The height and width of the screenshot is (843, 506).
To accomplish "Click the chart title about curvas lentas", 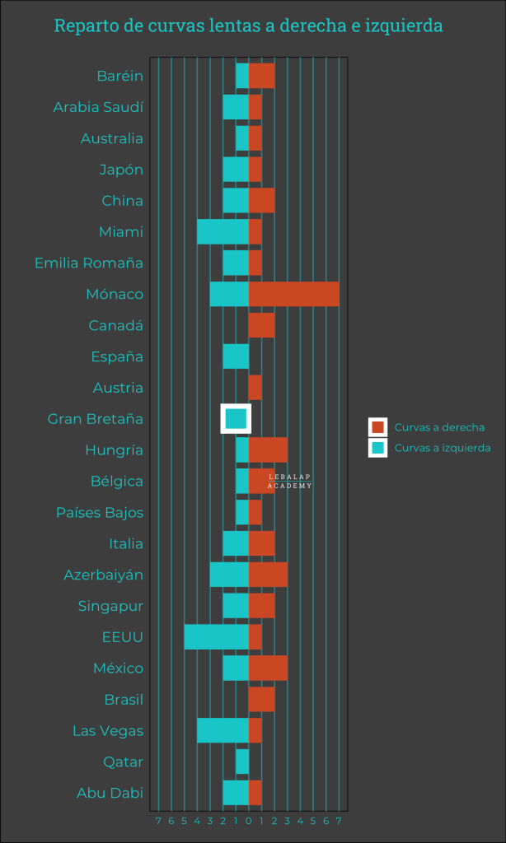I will tap(248, 26).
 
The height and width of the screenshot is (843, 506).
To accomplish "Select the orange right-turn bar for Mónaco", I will tap(293, 294).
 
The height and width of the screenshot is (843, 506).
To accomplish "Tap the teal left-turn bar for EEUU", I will tap(216, 637).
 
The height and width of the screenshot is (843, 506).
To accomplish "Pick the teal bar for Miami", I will tap(223, 232).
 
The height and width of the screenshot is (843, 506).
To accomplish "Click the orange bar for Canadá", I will tap(261, 325).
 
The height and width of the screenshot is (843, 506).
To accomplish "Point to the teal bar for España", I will tap(236, 356).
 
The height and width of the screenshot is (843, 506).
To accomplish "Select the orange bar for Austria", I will tap(255, 388).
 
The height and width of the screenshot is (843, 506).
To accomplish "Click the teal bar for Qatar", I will tap(242, 762).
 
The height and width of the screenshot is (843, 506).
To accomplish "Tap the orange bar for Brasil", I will tap(261, 700).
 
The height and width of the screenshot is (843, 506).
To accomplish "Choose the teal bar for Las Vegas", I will tap(223, 731).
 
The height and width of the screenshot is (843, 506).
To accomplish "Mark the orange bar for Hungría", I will tap(268, 450).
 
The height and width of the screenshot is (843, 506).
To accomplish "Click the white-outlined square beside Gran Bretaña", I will tap(236, 419).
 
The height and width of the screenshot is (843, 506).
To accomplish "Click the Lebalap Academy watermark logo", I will tap(290, 482).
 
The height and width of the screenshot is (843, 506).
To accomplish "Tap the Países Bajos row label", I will tap(100, 513).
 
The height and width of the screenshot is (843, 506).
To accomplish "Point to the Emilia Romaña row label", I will tap(89, 263).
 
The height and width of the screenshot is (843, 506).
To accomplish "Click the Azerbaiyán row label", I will tap(103, 575).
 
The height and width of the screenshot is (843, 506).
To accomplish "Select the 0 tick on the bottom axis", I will tap(248, 821).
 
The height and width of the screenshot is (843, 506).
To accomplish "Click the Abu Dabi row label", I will tap(110, 794).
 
